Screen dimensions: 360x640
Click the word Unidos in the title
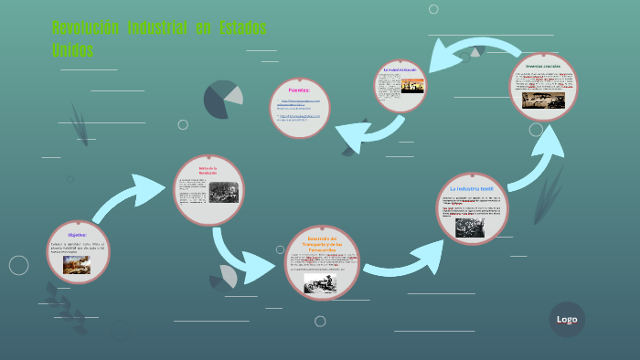point(73,50)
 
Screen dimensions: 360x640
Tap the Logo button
point(567,319)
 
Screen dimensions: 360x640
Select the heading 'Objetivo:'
point(77,235)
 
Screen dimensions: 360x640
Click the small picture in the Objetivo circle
point(77,264)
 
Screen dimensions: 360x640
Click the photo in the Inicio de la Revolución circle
point(222,192)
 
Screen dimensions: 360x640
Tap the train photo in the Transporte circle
point(321,284)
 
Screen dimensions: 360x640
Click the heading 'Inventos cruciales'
point(542,67)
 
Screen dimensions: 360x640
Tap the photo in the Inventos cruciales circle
point(543,100)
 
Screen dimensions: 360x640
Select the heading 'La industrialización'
point(400,69)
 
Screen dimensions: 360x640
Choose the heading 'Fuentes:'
point(299,90)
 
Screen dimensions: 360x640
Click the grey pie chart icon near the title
point(222,99)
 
